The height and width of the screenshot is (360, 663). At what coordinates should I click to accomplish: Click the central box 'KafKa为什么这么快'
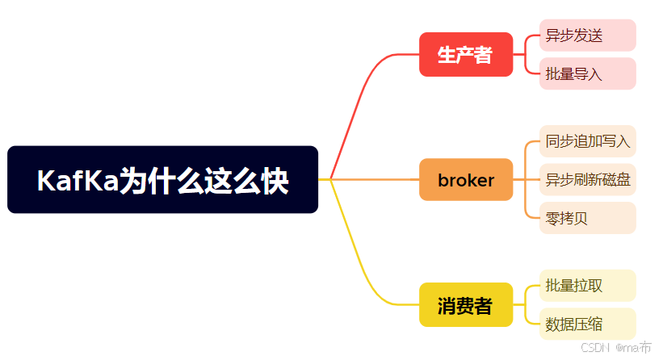click(162, 179)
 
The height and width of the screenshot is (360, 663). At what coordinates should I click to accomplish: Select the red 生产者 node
click(466, 55)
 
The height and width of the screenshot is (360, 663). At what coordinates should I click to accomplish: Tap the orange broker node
click(466, 180)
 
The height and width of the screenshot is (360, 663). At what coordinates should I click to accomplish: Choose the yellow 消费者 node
click(466, 305)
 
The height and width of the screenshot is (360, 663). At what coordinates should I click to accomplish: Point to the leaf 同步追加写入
click(587, 141)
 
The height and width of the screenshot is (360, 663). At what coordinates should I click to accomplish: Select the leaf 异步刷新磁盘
click(587, 179)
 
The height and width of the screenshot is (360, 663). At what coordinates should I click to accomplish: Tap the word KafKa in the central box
click(77, 180)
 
